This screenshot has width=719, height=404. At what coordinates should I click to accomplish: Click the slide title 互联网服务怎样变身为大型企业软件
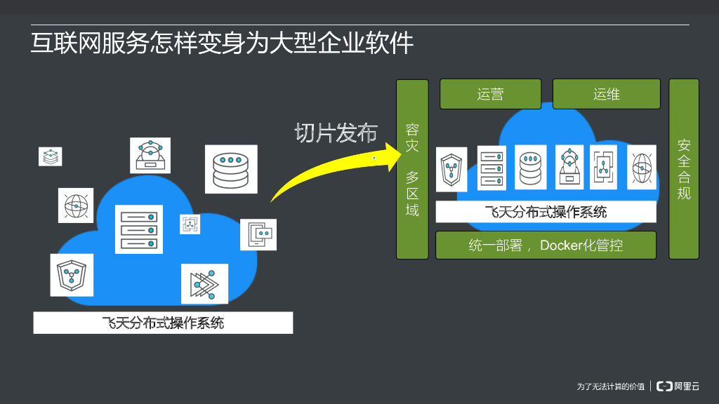222,43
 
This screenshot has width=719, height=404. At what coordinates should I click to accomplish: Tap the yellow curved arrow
330,168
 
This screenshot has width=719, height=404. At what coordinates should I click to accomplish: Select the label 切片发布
336,133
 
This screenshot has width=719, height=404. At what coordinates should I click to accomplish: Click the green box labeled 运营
490,94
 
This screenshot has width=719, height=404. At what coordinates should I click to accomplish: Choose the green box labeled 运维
607,94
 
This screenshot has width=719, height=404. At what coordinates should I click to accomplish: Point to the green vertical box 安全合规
684,168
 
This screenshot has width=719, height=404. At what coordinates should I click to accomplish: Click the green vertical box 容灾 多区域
412,169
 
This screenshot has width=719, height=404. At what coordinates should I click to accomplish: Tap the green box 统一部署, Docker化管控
546,245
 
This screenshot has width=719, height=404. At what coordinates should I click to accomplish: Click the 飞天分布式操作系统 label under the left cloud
163,323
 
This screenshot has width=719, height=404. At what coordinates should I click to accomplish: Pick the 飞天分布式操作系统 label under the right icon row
546,212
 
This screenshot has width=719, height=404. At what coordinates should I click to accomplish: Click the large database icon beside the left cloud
231,169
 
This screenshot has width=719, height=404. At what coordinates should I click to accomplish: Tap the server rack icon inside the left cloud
138,229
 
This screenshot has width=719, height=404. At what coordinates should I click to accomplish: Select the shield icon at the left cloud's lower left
72,274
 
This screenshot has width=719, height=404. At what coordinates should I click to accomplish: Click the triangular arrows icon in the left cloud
204,284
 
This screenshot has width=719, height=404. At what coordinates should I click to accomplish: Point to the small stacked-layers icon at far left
50,156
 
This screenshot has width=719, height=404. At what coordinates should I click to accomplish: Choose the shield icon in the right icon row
451,169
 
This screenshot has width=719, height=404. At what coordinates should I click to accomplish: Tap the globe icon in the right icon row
642,168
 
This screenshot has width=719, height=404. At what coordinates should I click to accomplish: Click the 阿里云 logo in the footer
678,386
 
